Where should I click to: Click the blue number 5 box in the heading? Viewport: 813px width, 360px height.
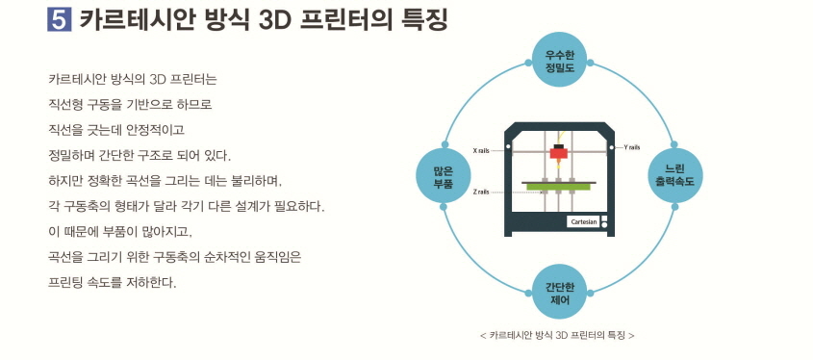(x=59, y=20)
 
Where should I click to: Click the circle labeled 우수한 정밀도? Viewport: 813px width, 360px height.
(x=559, y=61)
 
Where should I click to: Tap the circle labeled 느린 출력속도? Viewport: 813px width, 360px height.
(x=674, y=175)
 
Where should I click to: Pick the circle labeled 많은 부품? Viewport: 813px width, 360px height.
(x=443, y=175)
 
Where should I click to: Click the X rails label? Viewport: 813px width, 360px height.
(x=482, y=150)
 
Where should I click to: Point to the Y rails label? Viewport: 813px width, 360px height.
(x=631, y=147)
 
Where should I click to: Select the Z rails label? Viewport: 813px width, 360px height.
(x=482, y=192)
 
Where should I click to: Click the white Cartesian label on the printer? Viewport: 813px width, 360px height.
(x=584, y=222)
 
